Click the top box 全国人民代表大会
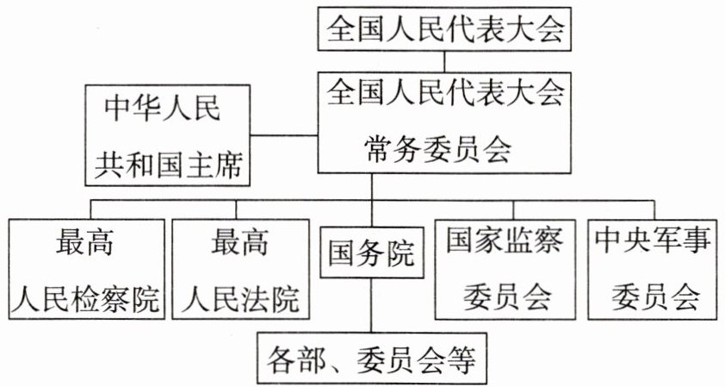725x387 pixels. [445, 30]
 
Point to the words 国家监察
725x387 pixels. [505, 241]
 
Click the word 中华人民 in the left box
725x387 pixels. [164, 109]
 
